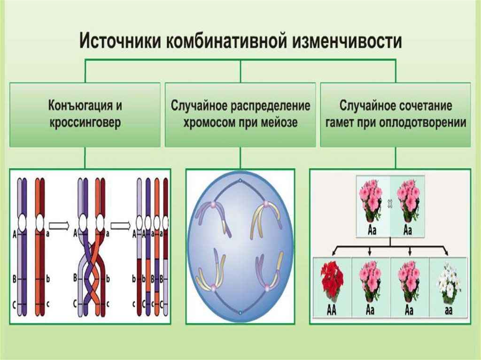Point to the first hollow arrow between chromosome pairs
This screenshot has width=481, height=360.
(59, 226)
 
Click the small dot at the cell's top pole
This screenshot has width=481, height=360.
(240, 181)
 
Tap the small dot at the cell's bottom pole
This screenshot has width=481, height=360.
(240, 312)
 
